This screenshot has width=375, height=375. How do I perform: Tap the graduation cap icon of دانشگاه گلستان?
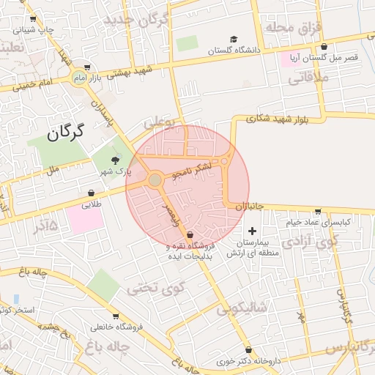[x=234, y=40]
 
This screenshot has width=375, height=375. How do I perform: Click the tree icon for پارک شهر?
[x=114, y=160]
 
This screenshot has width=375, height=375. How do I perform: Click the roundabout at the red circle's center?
[x=155, y=179]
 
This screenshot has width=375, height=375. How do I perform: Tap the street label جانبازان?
[x=249, y=207]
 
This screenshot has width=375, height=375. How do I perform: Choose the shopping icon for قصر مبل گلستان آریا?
[x=325, y=44]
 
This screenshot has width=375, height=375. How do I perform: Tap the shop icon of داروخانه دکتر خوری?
[x=250, y=350]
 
